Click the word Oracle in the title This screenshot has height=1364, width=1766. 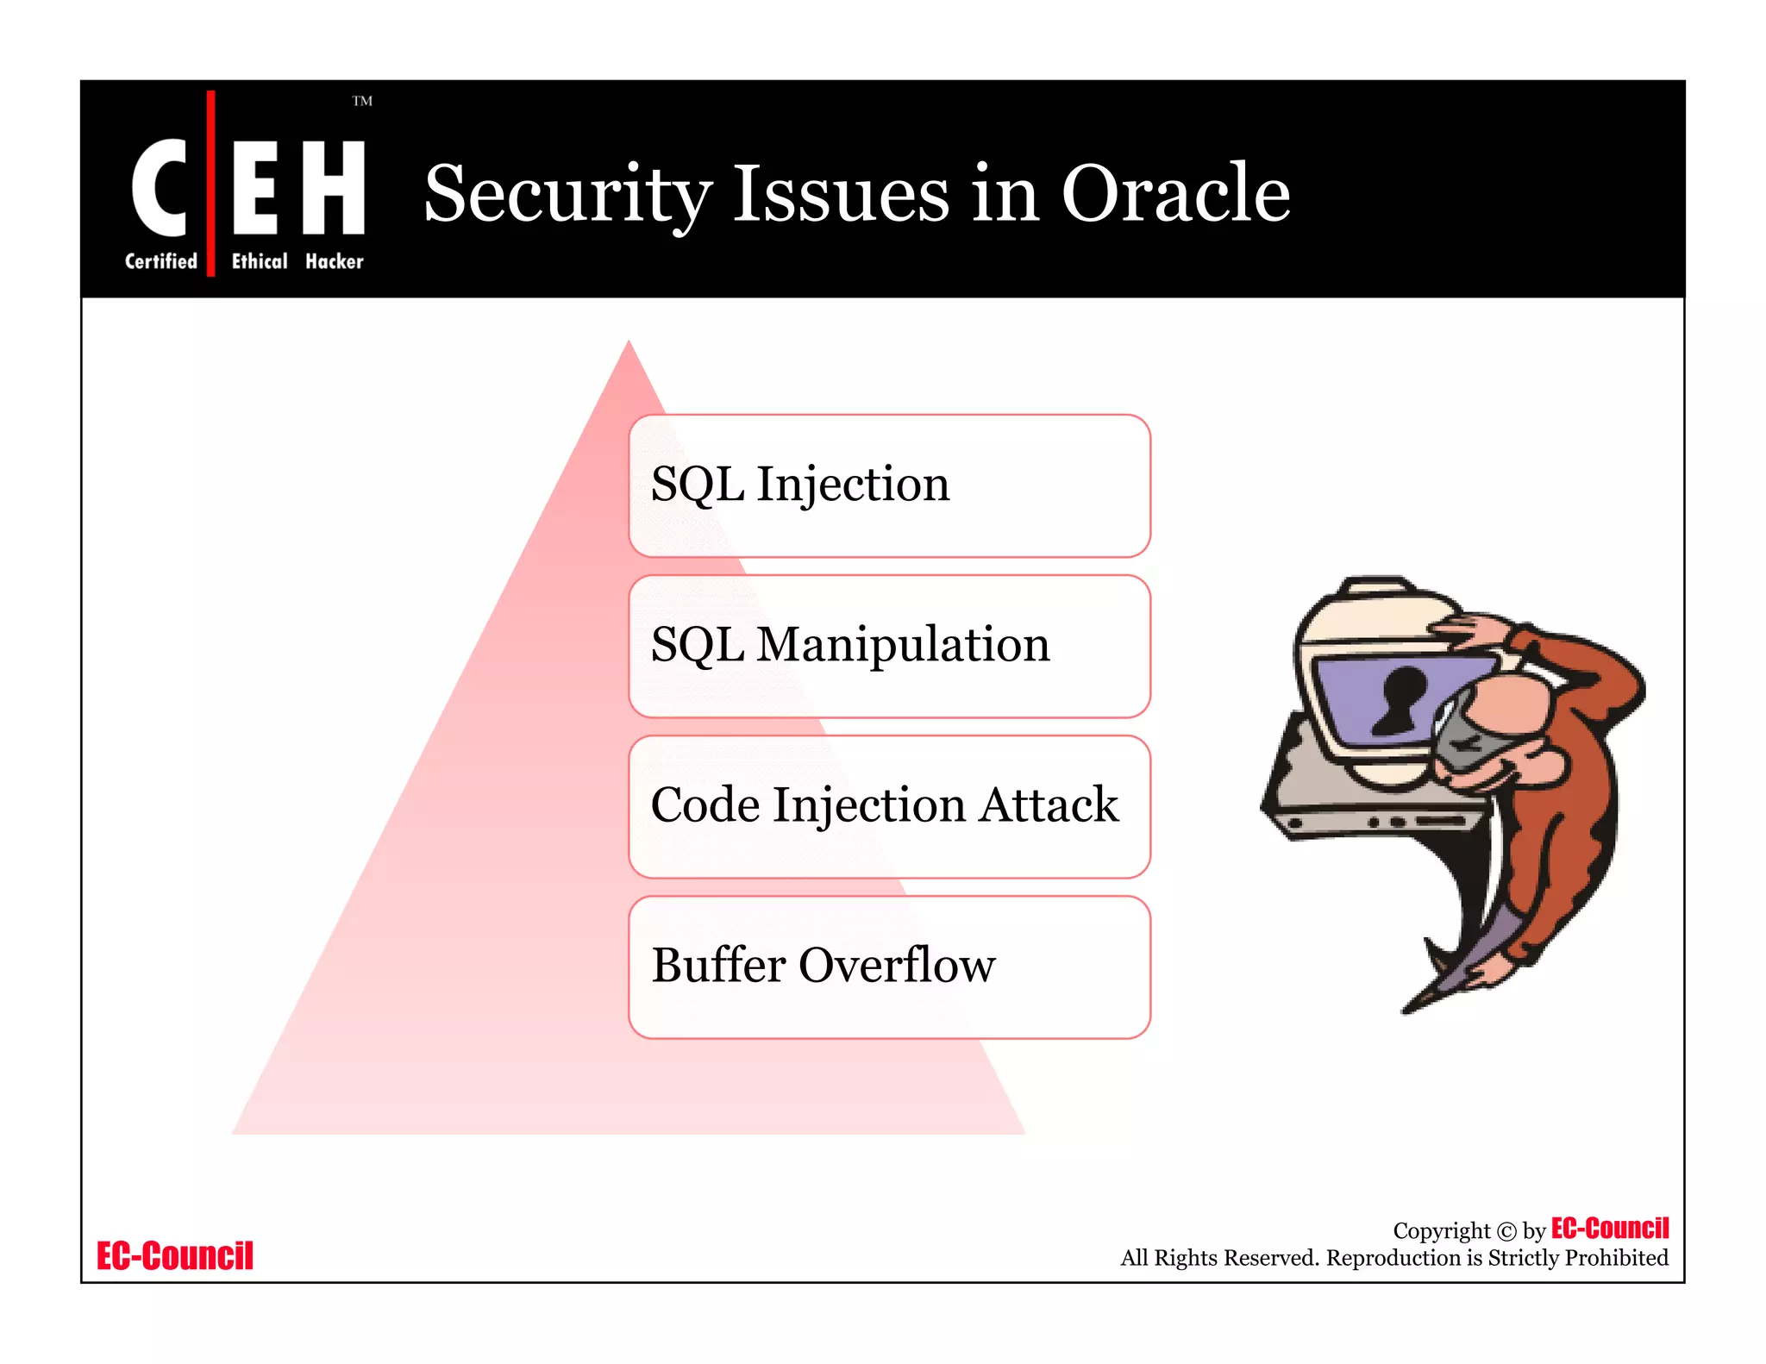[x=1174, y=194]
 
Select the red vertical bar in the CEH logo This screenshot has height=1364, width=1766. [x=210, y=183]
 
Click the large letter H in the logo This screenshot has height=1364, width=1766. [x=333, y=187]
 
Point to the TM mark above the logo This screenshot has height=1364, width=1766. [x=362, y=101]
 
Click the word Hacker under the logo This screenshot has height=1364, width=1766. [x=334, y=261]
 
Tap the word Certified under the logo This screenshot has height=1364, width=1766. [x=161, y=261]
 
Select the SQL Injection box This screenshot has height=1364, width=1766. [x=889, y=485]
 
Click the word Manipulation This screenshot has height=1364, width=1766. [x=903, y=644]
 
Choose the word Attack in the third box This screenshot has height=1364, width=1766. [x=1049, y=804]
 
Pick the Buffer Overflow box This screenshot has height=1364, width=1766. [x=889, y=967]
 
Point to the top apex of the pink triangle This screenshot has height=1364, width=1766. [x=629, y=344]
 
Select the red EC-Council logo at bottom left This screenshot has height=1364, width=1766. [x=175, y=1255]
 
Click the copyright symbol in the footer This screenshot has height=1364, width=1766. [x=1506, y=1231]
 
